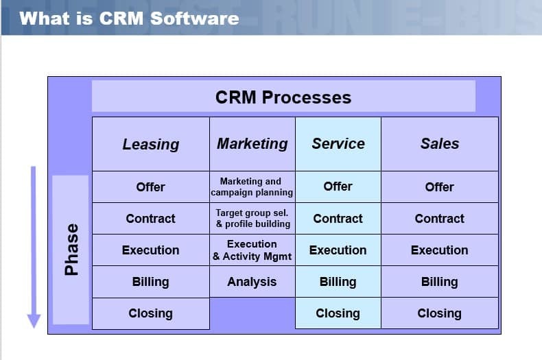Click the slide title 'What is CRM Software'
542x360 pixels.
[x=130, y=18]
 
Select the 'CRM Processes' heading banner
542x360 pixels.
[x=283, y=97]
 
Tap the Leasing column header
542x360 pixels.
[x=151, y=144]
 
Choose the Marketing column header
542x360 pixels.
[x=252, y=143]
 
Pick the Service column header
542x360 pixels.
[x=338, y=143]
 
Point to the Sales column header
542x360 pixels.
[x=440, y=143]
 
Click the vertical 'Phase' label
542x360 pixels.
[x=71, y=250]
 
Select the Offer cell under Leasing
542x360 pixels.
[x=151, y=187]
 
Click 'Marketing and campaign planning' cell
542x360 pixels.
[x=252, y=187]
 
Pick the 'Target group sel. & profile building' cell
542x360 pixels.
[x=252, y=218]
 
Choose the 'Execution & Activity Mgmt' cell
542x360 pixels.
[x=252, y=250]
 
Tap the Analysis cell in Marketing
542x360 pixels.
[x=252, y=281]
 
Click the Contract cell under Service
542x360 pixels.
[x=338, y=218]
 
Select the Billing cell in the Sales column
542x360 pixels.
[x=440, y=281]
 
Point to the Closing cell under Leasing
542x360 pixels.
[x=151, y=313]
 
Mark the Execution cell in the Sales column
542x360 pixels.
[x=440, y=250]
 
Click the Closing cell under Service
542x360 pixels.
[x=338, y=313]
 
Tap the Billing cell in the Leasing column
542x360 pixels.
[x=151, y=281]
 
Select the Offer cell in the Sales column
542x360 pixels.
[x=440, y=187]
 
